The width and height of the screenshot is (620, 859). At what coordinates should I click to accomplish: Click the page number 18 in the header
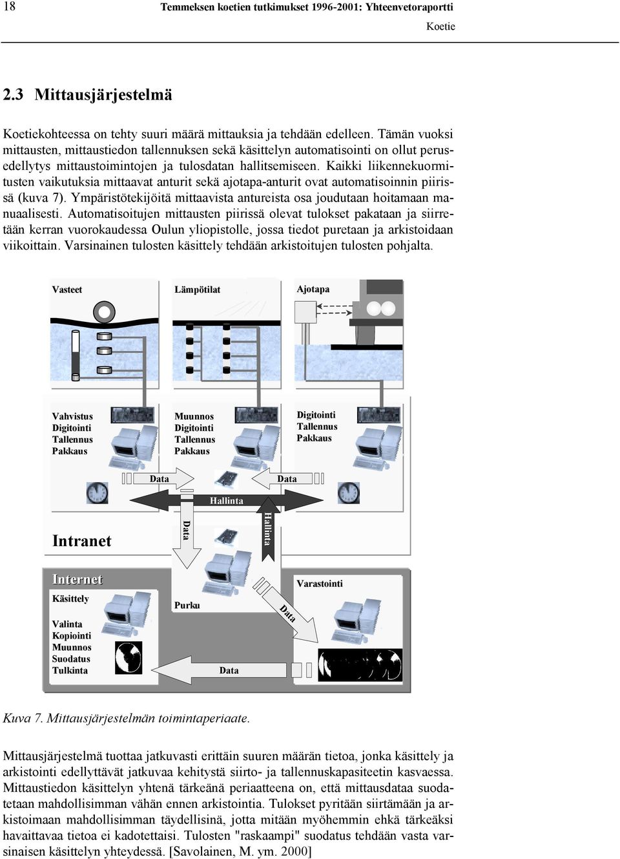coord(9,6)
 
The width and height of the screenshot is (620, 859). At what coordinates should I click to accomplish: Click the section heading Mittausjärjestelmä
coord(103,95)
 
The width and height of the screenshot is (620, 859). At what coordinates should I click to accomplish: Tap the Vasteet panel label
coord(67,290)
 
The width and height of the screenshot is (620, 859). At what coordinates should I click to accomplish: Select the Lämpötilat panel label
coord(198,290)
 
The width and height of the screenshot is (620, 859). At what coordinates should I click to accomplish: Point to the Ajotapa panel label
coord(313,289)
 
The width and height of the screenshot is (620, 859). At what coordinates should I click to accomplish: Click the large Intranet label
coord(81,541)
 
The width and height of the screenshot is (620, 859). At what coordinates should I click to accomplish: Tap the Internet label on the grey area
coord(77,579)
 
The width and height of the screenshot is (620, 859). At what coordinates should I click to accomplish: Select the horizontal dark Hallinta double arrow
coord(227,500)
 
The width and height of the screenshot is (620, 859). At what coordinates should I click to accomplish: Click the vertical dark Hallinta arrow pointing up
coord(268,529)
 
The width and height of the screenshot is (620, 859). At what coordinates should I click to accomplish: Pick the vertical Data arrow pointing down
coord(187,529)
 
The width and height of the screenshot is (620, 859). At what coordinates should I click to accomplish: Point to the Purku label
coord(187,606)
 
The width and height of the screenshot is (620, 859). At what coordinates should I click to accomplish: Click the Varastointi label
coord(320,584)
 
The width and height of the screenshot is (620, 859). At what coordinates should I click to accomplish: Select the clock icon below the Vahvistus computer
coord(98,493)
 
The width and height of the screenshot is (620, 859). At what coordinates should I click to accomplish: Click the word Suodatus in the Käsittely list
coord(71,659)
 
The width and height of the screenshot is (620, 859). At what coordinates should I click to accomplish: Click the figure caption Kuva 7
coord(126,718)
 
